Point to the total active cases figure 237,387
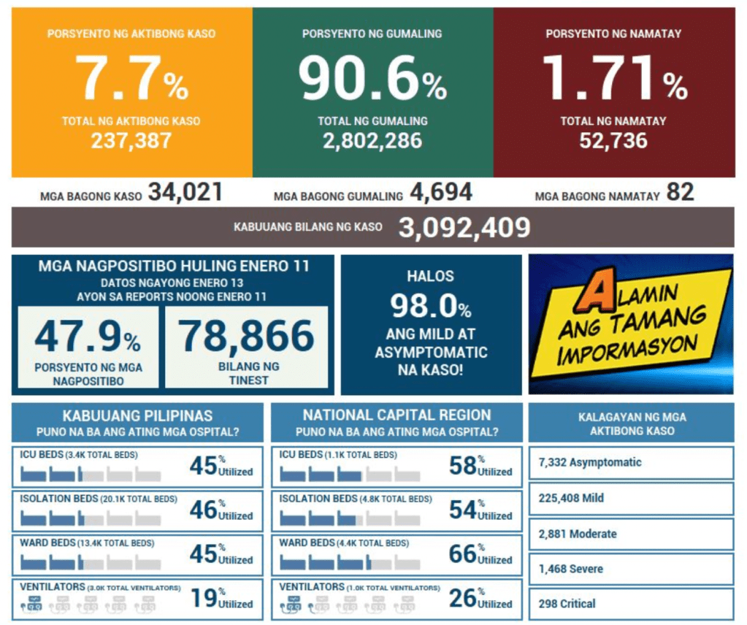click(x=131, y=140)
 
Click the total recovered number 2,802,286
click(x=372, y=140)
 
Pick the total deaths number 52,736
click(x=613, y=140)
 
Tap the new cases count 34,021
click(x=185, y=193)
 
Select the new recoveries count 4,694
click(x=441, y=193)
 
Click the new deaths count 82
click(x=680, y=193)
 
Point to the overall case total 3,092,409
click(x=464, y=228)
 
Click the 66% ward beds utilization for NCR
click(x=464, y=554)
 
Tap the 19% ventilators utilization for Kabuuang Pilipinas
click(x=204, y=598)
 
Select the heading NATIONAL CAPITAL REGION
click(x=397, y=415)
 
